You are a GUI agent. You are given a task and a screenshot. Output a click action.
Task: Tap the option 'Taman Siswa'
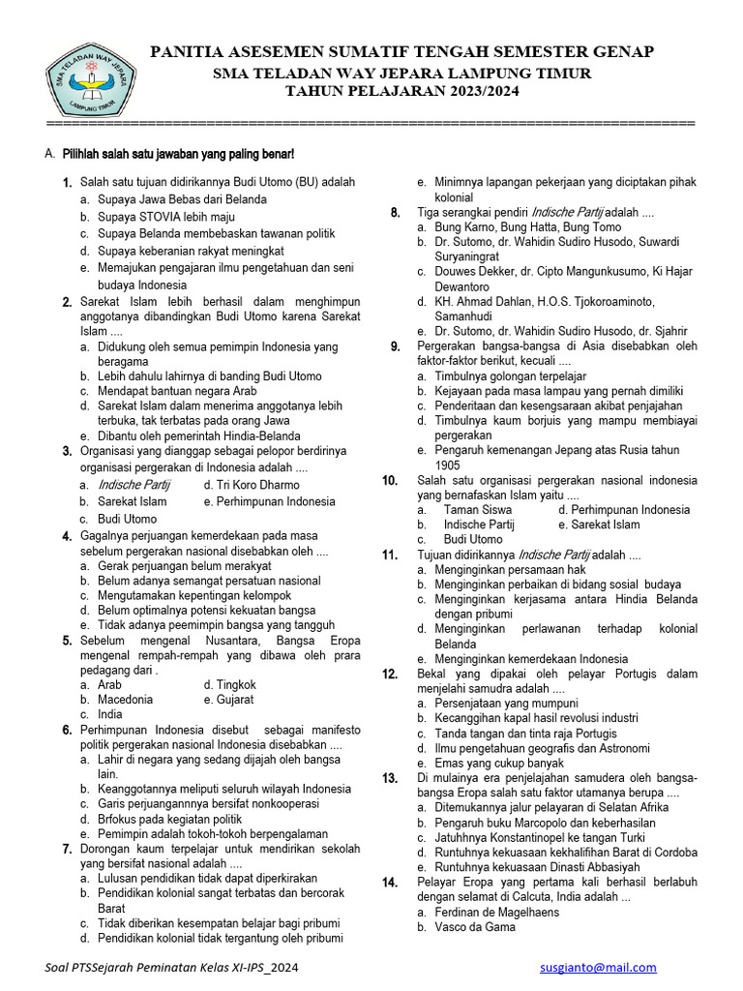478,509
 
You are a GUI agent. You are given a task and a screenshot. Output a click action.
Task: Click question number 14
390,882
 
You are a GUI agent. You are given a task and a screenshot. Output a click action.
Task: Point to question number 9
396,345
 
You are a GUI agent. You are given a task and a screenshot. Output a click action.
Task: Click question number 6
67,730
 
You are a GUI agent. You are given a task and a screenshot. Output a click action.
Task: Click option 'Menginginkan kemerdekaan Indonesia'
531,658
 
